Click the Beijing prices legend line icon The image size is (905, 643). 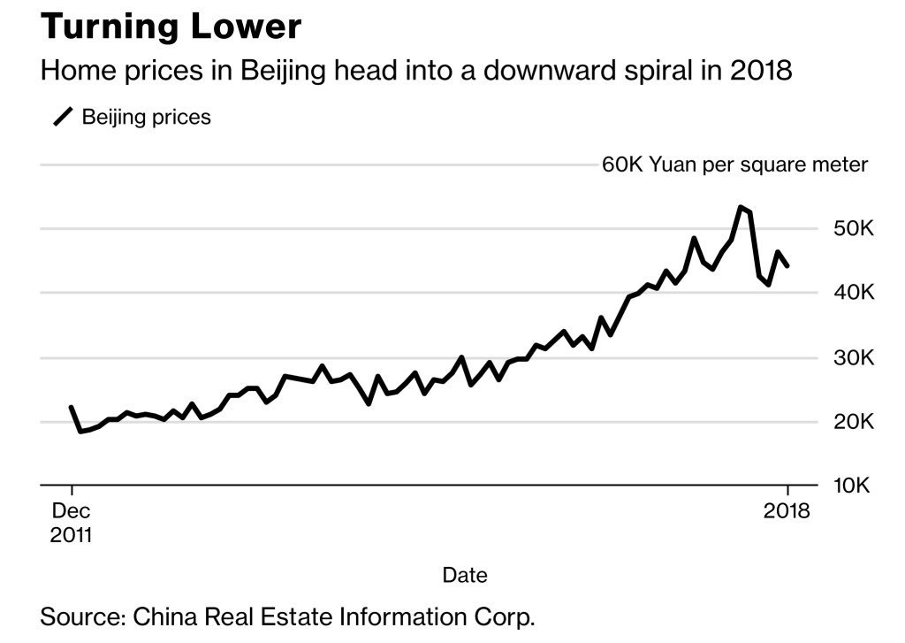pyautogui.click(x=64, y=117)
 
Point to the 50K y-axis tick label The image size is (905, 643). pyautogui.click(x=854, y=229)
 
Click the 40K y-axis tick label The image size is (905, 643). pyautogui.click(x=854, y=293)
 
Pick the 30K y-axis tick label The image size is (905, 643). pyautogui.click(x=854, y=358)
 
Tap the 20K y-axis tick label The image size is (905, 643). pyautogui.click(x=854, y=422)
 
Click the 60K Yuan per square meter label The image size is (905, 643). pyautogui.click(x=734, y=165)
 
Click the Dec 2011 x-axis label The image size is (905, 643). pyautogui.click(x=72, y=523)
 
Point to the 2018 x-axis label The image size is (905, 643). pyautogui.click(x=787, y=511)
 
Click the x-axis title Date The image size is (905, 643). pyautogui.click(x=465, y=575)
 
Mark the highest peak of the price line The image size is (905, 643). pyautogui.click(x=740, y=207)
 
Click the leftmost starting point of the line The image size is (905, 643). pyautogui.click(x=71, y=408)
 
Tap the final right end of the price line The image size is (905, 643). pyautogui.click(x=787, y=265)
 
